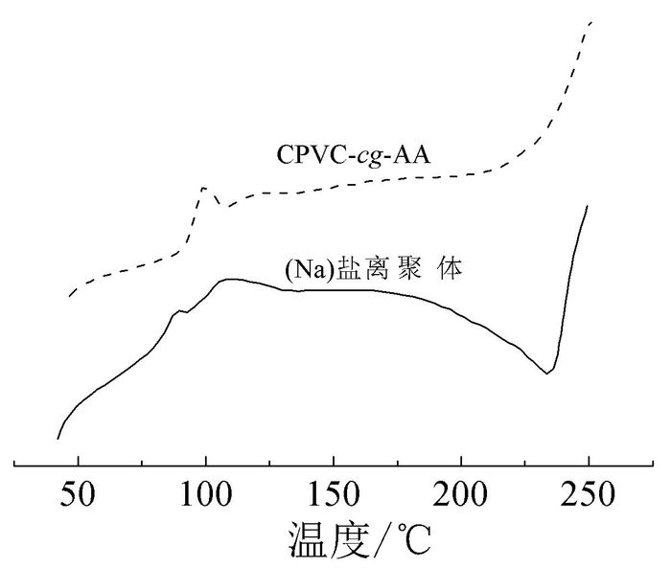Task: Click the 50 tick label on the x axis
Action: [x=78, y=500]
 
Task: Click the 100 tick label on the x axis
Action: [x=205, y=500]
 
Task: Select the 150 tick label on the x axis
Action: [x=333, y=500]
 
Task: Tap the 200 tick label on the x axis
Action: [x=461, y=500]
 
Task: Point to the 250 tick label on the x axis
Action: [x=589, y=500]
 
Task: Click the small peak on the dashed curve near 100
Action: [x=204, y=188]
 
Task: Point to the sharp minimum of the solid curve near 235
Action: [x=547, y=373]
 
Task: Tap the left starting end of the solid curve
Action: [x=58, y=439]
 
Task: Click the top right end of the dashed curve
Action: [x=592, y=21]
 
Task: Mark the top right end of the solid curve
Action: [x=586, y=205]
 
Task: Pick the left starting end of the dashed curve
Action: [x=69, y=297]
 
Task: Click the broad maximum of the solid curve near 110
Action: [x=230, y=280]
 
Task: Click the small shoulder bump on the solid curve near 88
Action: [x=176, y=311]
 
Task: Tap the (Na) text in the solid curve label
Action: [x=304, y=270]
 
